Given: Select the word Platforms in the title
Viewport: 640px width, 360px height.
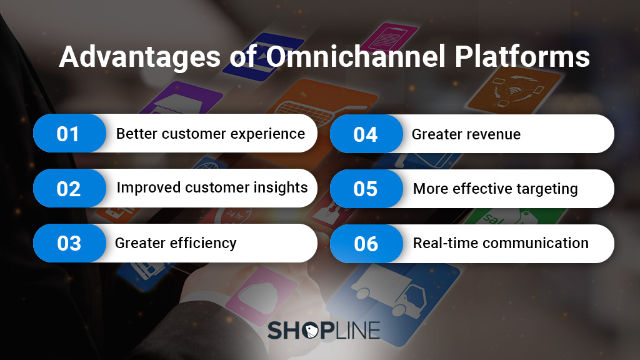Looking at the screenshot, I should tap(522, 57).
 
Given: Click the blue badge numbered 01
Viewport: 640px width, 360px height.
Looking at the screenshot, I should tap(69, 134).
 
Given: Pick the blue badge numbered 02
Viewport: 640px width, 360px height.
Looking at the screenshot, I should tap(69, 188).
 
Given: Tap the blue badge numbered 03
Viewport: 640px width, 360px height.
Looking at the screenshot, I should tap(69, 243).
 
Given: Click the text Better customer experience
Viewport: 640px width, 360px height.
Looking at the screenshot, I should tap(211, 134).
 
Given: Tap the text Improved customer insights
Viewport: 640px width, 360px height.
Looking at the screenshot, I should tap(212, 187).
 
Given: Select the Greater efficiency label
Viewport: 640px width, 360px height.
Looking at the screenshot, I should tap(176, 243).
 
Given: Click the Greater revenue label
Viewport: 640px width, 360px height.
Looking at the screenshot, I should tap(466, 134).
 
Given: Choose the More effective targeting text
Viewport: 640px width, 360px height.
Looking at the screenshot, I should tap(496, 189).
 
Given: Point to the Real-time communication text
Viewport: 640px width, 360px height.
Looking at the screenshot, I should tap(501, 243).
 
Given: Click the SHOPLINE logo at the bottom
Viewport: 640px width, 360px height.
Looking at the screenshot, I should tap(323, 330).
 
